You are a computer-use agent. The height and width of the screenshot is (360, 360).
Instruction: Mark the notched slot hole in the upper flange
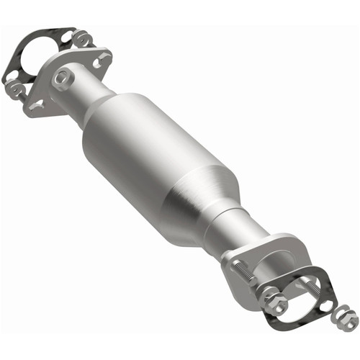tap(36, 105)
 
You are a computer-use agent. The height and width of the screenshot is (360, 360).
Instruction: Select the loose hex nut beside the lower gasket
tap(348, 318)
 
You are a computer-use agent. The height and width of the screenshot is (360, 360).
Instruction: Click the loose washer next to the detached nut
tap(327, 306)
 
